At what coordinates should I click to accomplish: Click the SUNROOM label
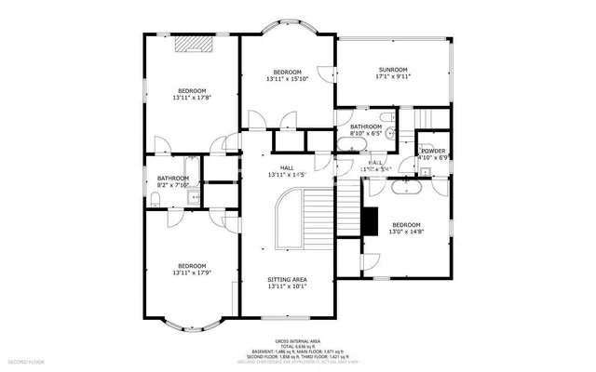pos(393,70)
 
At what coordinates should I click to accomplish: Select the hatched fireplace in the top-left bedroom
pos(196,43)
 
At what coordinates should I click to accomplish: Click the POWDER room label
pos(433,151)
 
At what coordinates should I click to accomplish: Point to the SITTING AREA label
pos(287,279)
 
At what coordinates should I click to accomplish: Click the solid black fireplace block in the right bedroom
pos(370,220)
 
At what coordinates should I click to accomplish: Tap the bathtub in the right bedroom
pos(408,187)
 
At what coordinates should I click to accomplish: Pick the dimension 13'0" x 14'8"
pos(406,232)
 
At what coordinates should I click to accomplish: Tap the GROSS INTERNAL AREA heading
pos(298,341)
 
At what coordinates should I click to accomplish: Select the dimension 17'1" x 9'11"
pos(393,77)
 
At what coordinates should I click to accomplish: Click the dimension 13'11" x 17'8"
pos(192,97)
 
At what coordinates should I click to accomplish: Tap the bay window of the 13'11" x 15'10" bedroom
pos(287,28)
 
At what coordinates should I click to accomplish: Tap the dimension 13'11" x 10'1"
pos(287,286)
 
